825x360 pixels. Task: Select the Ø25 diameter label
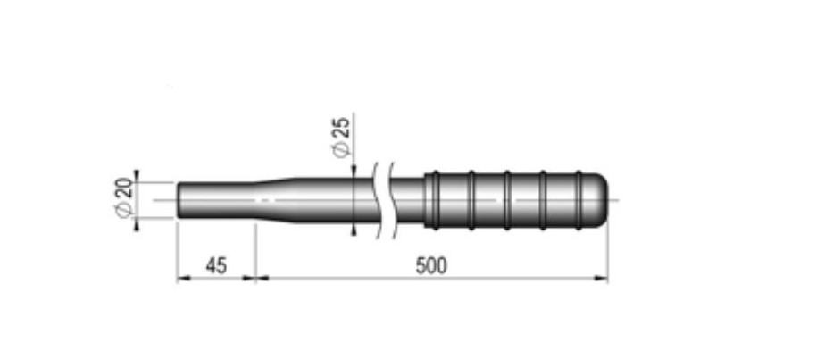click(x=341, y=137)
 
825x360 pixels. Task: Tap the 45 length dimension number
click(x=216, y=266)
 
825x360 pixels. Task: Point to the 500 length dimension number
click(x=431, y=266)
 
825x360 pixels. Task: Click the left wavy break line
click(x=377, y=200)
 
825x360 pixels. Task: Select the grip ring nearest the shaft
click(x=435, y=200)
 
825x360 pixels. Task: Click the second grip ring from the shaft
click(x=471, y=200)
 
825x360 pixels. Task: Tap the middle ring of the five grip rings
click(x=507, y=200)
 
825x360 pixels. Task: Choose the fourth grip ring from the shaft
click(x=543, y=200)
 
